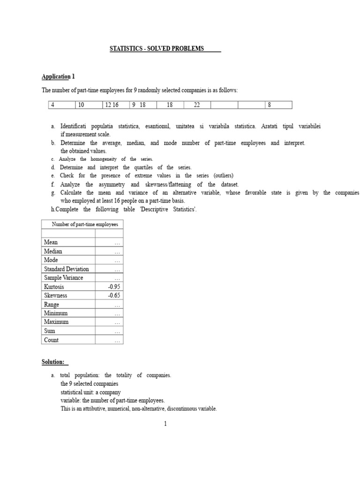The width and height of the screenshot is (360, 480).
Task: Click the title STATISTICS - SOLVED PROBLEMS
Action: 157,49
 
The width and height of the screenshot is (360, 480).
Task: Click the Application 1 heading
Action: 58,76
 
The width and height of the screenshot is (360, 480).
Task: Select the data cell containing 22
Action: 197,105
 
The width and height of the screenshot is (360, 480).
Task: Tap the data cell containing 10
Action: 81,105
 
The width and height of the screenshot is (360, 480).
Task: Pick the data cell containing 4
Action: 53,105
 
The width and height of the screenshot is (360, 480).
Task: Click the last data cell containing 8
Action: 270,105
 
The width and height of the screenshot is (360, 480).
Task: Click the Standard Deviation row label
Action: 66,269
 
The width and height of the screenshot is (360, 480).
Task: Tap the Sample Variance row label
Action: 63,277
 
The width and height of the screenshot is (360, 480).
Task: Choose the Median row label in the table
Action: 53,251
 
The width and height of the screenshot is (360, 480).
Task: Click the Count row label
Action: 51,340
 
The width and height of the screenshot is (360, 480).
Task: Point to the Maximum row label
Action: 56,322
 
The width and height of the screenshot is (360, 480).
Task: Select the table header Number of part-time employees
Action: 82,225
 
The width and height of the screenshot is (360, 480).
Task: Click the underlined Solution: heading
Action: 53,362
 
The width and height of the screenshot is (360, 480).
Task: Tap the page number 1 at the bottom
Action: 165,424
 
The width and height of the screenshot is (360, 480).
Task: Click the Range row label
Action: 52,304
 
